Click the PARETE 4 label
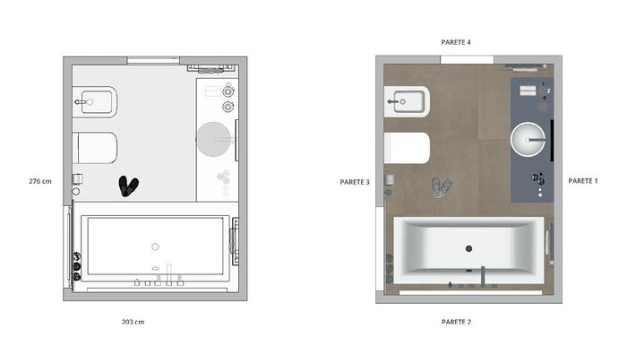pyautogui.click(x=456, y=42)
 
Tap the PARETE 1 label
pyautogui.click(x=583, y=181)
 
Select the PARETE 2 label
pyautogui.click(x=456, y=322)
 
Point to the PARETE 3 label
pyautogui.click(x=355, y=182)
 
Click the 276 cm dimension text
pyautogui.click(x=40, y=181)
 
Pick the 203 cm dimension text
pyautogui.click(x=133, y=322)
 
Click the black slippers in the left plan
pyautogui.click(x=128, y=186)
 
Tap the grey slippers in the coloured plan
pyautogui.click(x=442, y=187)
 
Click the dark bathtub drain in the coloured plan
pyautogui.click(x=468, y=248)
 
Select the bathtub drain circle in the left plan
pyautogui.click(x=155, y=247)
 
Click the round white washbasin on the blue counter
pyautogui.click(x=528, y=139)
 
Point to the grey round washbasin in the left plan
pyautogui.click(x=214, y=139)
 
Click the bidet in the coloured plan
pyautogui.click(x=407, y=101)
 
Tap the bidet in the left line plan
pyautogui.click(x=95, y=101)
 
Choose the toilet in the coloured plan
pyautogui.click(x=407, y=148)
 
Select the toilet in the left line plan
pyautogui.click(x=97, y=148)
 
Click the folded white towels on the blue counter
pyautogui.click(x=528, y=91)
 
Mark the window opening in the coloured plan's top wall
pyautogui.click(x=467, y=60)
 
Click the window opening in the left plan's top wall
pyautogui.click(x=153, y=60)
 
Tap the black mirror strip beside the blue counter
pyautogui.click(x=553, y=140)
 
